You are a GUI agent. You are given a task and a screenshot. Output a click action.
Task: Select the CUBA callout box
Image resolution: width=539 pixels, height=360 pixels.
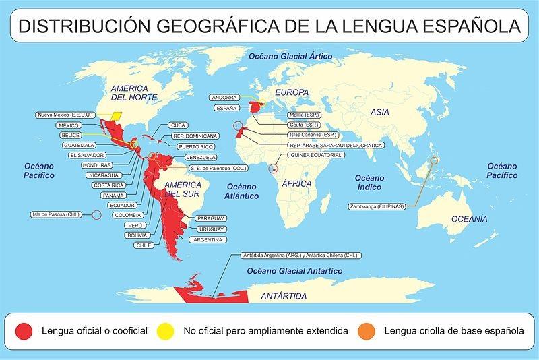177,125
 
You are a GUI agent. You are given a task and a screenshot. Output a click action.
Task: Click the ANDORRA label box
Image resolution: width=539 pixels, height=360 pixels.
224,97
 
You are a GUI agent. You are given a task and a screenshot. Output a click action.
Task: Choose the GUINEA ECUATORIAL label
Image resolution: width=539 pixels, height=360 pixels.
316,155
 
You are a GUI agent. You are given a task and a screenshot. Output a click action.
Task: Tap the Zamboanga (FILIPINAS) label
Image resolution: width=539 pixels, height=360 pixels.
377,206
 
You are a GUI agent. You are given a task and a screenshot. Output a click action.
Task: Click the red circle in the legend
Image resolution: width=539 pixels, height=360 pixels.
25,331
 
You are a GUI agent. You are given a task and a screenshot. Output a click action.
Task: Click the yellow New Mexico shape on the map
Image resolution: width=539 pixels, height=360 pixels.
119,115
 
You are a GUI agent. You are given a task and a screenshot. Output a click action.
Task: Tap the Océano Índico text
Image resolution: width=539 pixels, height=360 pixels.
370,181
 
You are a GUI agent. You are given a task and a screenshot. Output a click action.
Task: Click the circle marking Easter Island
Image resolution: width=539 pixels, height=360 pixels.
96,214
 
